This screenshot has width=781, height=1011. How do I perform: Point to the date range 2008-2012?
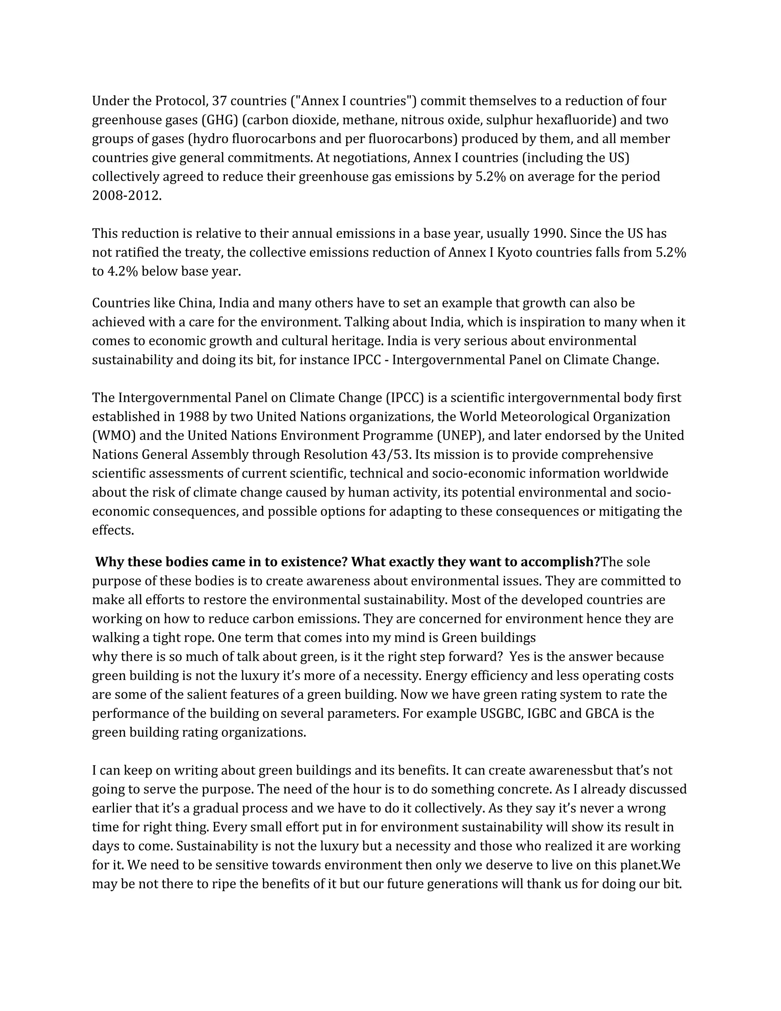tap(126, 196)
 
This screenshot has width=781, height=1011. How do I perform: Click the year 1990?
tap(549, 233)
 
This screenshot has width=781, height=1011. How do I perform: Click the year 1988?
tap(193, 417)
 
